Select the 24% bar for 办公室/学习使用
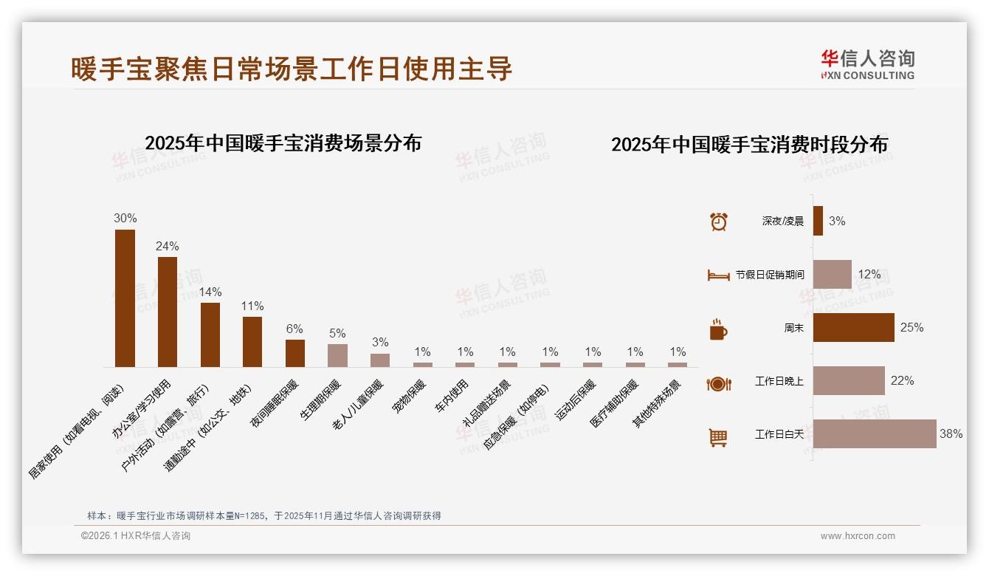click(x=168, y=312)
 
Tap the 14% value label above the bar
click(x=210, y=292)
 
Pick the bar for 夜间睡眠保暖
click(x=295, y=353)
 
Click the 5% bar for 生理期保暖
click(x=337, y=355)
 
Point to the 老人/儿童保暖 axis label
click(x=358, y=405)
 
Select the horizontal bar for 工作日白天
click(x=874, y=434)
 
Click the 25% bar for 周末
click(x=853, y=327)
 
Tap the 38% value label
click(x=951, y=434)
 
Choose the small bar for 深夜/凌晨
click(x=818, y=221)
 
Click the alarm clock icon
click(x=718, y=222)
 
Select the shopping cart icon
click(x=718, y=437)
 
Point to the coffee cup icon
click(x=718, y=329)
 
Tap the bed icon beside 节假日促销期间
click(x=718, y=275)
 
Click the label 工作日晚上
click(x=779, y=382)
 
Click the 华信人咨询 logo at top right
click(x=867, y=64)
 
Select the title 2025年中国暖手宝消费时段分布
click(x=749, y=144)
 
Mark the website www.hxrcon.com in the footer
click(x=858, y=536)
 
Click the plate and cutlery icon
click(x=718, y=383)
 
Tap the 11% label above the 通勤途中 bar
click(x=252, y=306)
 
